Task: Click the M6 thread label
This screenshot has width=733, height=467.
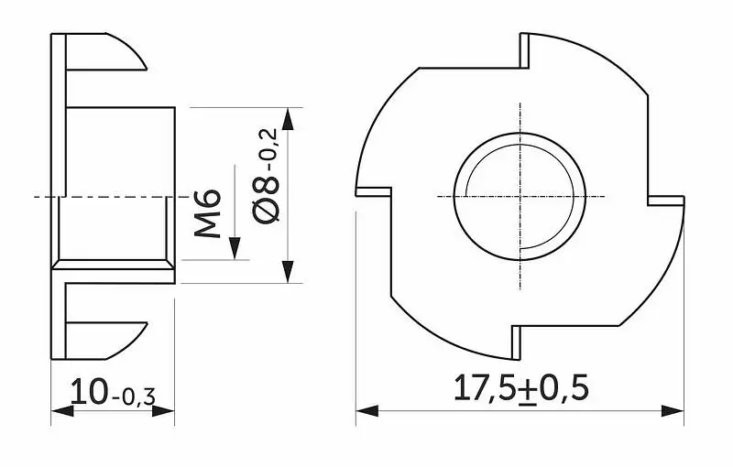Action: (208, 213)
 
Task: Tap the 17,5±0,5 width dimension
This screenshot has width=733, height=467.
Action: (520, 387)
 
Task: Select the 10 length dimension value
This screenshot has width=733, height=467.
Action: (89, 391)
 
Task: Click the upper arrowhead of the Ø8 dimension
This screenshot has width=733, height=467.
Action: (289, 119)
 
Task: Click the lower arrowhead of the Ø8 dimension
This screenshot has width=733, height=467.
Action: (289, 272)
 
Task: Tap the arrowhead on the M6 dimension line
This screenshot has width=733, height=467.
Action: (235, 248)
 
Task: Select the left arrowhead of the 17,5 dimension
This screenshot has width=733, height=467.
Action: (367, 411)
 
